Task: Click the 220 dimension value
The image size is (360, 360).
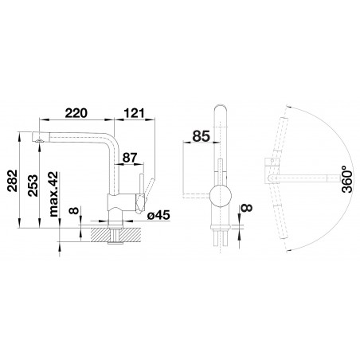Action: click(x=76, y=113)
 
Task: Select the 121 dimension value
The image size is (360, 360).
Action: click(x=135, y=113)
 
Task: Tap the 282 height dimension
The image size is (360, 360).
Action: click(x=13, y=181)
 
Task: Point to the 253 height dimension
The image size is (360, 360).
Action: click(x=33, y=186)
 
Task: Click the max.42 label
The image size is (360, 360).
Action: click(x=53, y=194)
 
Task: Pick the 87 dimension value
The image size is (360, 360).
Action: click(x=130, y=158)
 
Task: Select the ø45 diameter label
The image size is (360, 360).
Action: click(x=158, y=215)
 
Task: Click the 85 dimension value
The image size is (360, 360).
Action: click(x=201, y=136)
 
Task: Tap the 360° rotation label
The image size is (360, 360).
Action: click(x=347, y=178)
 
